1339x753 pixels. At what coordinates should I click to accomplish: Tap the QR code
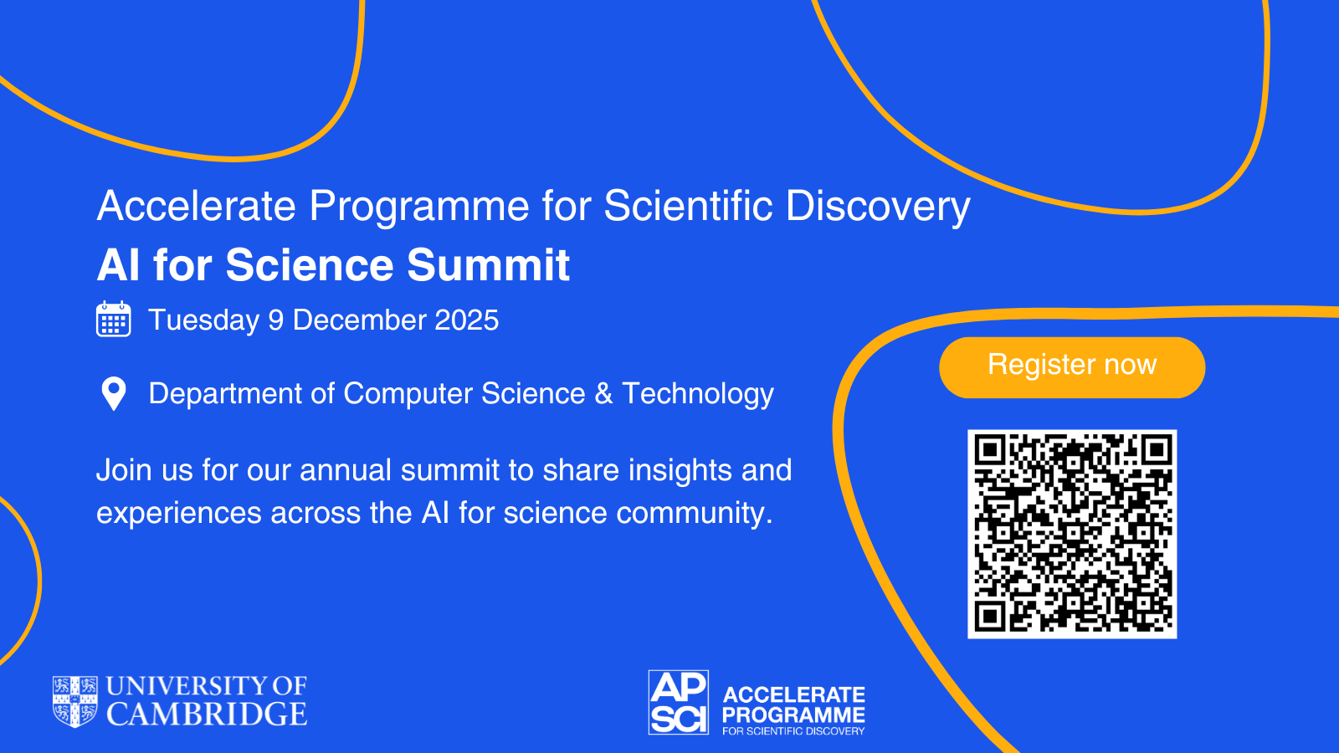click(1072, 534)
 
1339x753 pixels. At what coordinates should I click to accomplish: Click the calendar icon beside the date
click(114, 319)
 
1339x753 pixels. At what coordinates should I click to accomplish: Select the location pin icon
click(114, 393)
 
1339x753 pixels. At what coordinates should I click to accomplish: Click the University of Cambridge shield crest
click(75, 702)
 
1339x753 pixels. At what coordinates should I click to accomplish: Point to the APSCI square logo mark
click(679, 702)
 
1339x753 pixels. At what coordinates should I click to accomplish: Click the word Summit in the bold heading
click(489, 264)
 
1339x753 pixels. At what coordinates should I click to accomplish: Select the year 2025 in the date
click(466, 320)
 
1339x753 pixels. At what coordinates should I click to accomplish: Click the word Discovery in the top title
click(878, 207)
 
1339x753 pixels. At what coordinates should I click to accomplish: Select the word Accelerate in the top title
click(196, 206)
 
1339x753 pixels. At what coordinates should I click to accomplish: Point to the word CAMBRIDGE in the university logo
click(207, 714)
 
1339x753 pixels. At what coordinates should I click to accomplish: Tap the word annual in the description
click(346, 469)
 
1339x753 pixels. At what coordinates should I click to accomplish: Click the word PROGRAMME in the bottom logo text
click(794, 715)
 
